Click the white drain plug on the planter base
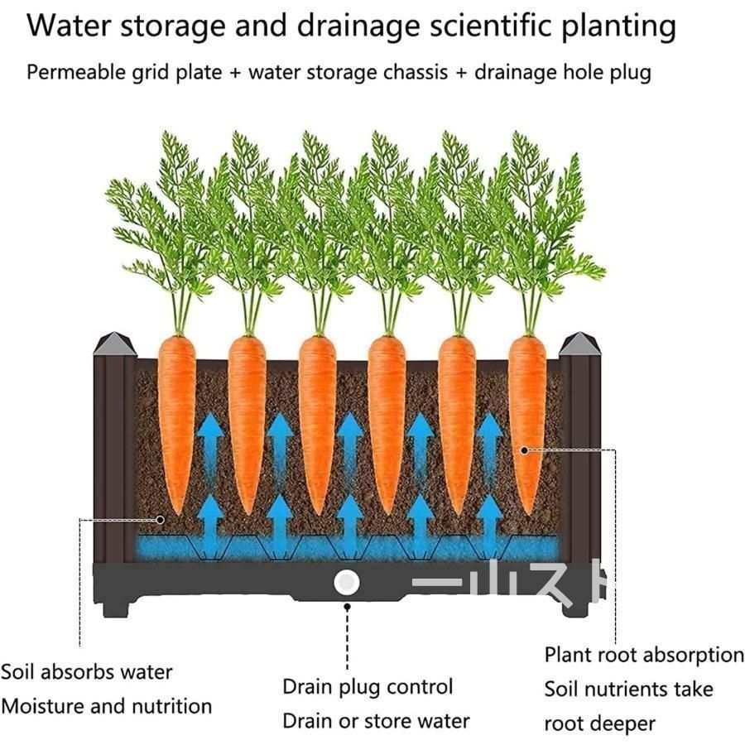click(x=346, y=582)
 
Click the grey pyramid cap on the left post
click(x=115, y=344)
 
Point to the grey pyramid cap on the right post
click(x=579, y=344)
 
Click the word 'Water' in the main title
click(x=69, y=26)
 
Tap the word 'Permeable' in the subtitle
click(x=76, y=73)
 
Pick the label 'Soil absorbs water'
click(x=86, y=672)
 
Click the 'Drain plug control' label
click(x=368, y=687)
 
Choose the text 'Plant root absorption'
click(x=644, y=656)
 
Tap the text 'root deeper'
click(x=599, y=724)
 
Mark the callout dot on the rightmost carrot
click(x=524, y=450)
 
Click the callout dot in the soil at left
click(x=160, y=521)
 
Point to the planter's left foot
click(x=115, y=608)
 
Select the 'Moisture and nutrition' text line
click(x=107, y=707)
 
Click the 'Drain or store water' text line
click(x=376, y=721)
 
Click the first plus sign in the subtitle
click(x=235, y=73)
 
